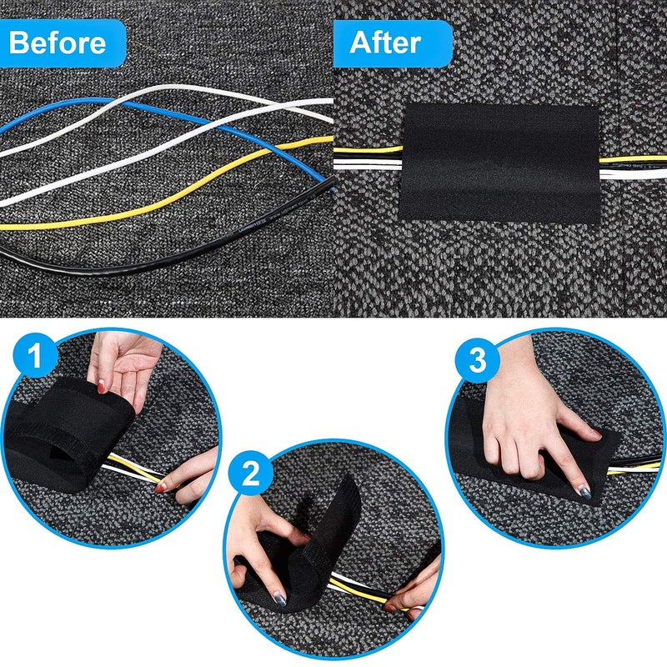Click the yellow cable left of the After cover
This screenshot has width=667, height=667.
pyautogui.click(x=367, y=152)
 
